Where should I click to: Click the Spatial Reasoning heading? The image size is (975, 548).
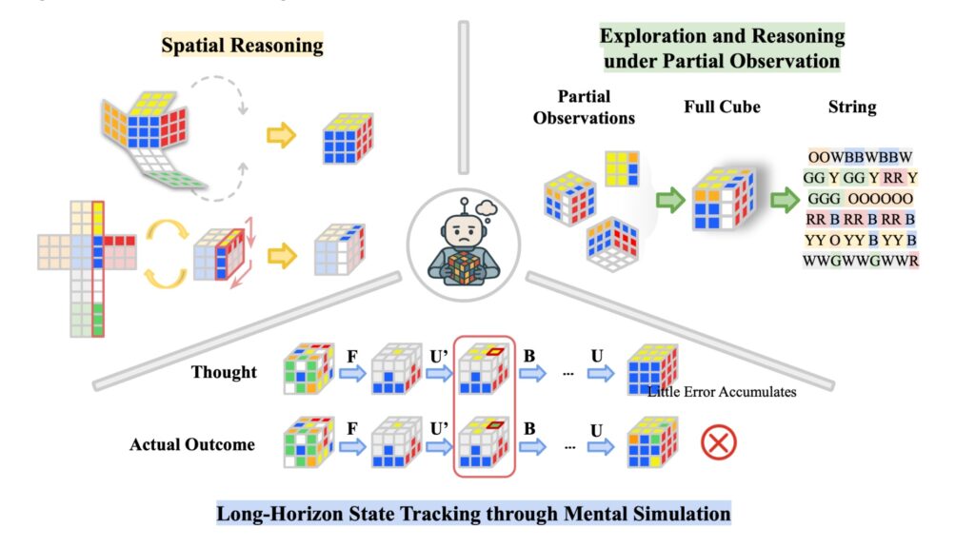pos(242,46)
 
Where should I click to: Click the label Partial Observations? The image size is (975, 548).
pos(585,107)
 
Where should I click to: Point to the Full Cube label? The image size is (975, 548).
pos(722,107)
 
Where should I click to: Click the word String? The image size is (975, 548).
pos(852,107)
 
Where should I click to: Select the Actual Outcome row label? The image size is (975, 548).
pos(192,443)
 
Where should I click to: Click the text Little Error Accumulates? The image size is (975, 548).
pos(721,391)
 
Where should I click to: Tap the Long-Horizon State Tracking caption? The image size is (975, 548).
pos(473,515)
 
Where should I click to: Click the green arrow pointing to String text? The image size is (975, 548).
pos(785,201)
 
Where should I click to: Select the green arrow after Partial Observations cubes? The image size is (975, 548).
pos(670,201)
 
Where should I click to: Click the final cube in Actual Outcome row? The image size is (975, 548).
pos(651,444)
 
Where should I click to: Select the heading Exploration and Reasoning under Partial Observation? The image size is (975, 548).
pos(722,49)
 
